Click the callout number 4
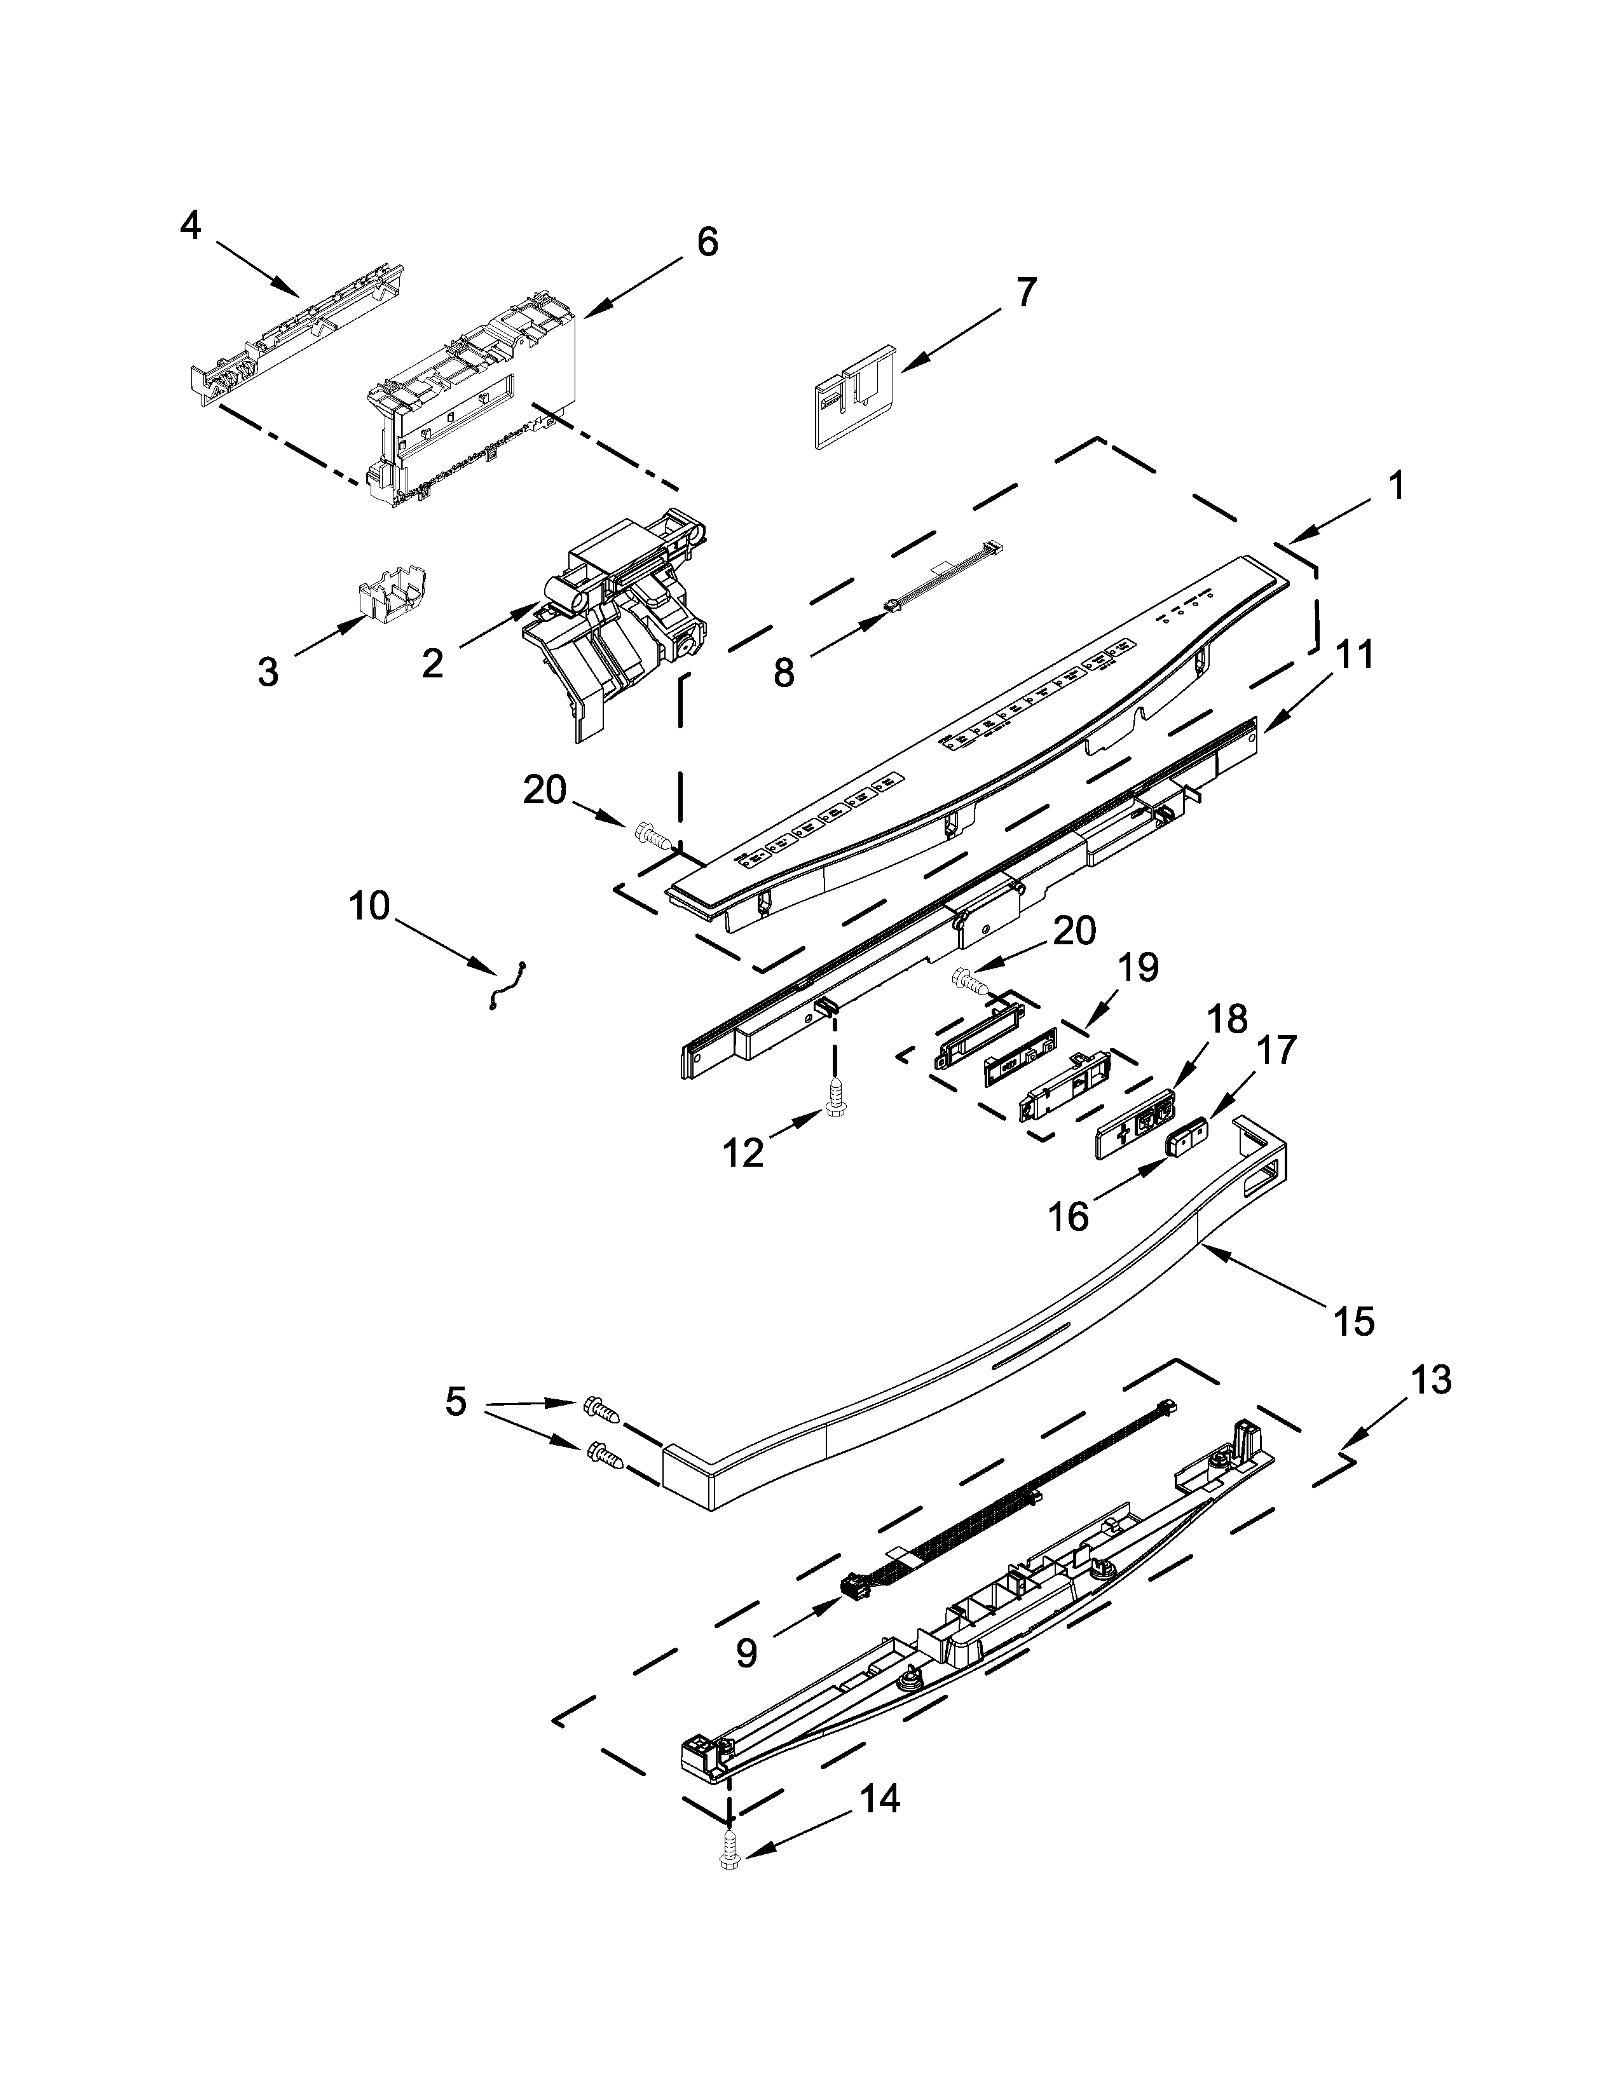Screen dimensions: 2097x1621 [x=191, y=227]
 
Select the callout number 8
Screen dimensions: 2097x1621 [x=784, y=673]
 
